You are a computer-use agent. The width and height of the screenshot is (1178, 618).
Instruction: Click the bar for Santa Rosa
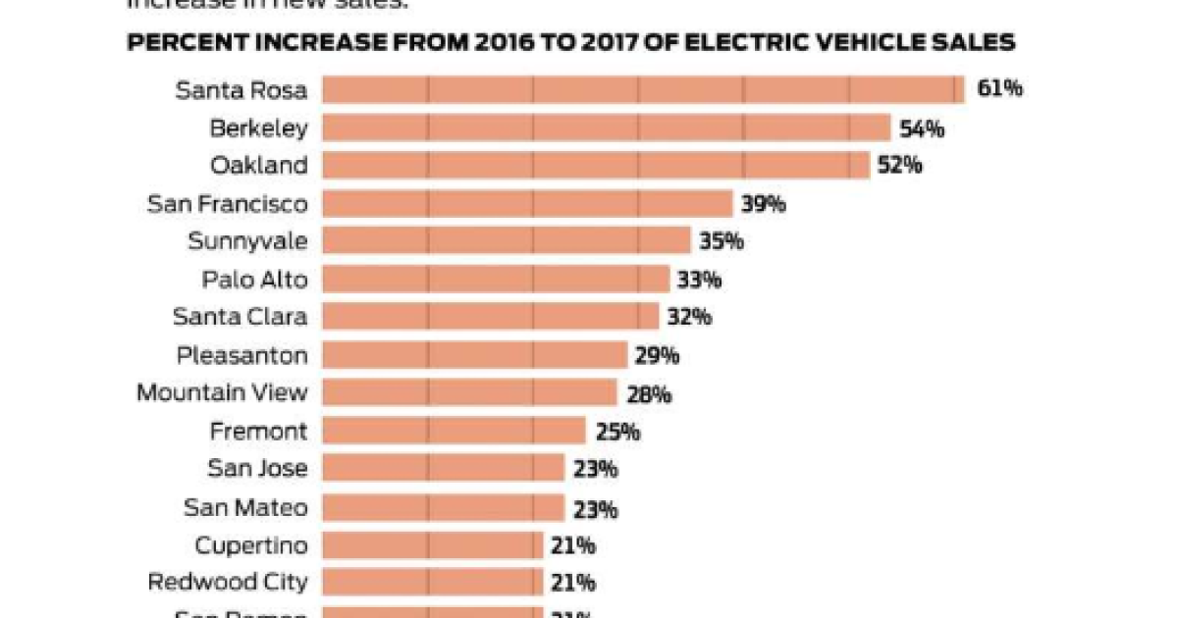click(x=643, y=89)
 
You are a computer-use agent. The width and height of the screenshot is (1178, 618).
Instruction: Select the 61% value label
click(x=999, y=89)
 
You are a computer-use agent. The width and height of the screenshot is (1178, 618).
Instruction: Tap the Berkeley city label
click(x=258, y=128)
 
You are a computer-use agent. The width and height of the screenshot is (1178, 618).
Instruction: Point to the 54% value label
click(x=922, y=128)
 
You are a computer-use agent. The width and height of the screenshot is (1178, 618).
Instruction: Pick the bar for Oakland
click(x=596, y=165)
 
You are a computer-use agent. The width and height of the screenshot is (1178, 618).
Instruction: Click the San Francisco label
click(x=227, y=204)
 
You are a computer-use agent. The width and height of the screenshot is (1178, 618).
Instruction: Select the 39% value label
click(x=764, y=204)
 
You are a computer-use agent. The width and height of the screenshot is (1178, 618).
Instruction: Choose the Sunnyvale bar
click(x=507, y=241)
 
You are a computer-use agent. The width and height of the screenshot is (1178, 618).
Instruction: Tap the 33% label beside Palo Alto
click(x=699, y=280)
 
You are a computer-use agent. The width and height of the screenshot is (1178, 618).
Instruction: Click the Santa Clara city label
click(x=240, y=317)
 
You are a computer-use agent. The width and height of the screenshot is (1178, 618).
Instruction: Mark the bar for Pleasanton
click(x=475, y=355)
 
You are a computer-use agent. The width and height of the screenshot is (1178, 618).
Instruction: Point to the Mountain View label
click(x=222, y=393)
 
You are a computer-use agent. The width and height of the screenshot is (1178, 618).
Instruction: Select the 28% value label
click(x=648, y=394)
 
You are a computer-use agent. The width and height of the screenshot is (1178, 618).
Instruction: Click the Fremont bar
click(x=454, y=431)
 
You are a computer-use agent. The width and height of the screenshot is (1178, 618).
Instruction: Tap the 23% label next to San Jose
click(x=595, y=469)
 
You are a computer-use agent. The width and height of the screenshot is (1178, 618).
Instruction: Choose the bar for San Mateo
click(x=443, y=507)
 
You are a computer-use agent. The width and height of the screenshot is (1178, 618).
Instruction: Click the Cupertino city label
click(x=250, y=545)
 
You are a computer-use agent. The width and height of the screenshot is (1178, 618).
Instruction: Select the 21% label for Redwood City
click(x=573, y=583)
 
